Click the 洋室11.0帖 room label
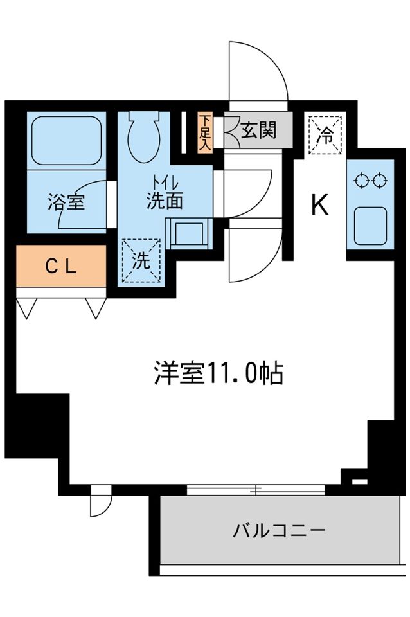point(218,373)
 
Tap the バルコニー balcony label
point(279,531)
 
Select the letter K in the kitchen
point(319,205)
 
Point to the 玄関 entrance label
point(258,130)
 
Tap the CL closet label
point(61,266)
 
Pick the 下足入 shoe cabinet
point(204,132)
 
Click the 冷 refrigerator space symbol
point(326,135)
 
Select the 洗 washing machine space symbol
point(140,260)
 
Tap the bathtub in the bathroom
point(66,138)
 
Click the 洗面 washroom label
point(165,201)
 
